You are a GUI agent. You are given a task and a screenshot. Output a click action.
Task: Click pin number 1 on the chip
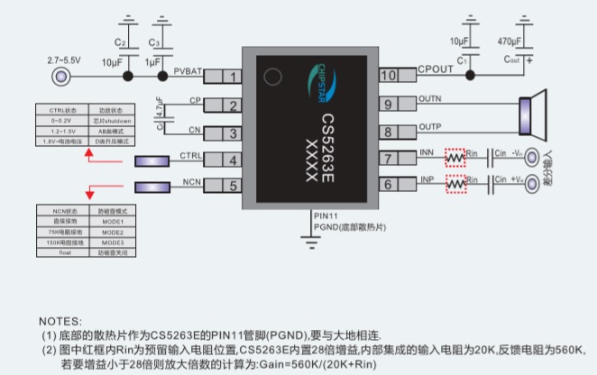(x=231, y=76)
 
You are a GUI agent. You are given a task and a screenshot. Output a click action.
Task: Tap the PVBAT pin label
(x=188, y=70)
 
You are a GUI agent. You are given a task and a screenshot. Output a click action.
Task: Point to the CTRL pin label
(x=190, y=155)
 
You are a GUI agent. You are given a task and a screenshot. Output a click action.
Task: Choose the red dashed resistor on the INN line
(x=456, y=159)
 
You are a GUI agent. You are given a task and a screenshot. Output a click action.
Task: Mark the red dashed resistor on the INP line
(x=456, y=184)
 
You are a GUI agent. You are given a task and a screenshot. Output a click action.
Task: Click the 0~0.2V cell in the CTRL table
(x=61, y=120)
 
